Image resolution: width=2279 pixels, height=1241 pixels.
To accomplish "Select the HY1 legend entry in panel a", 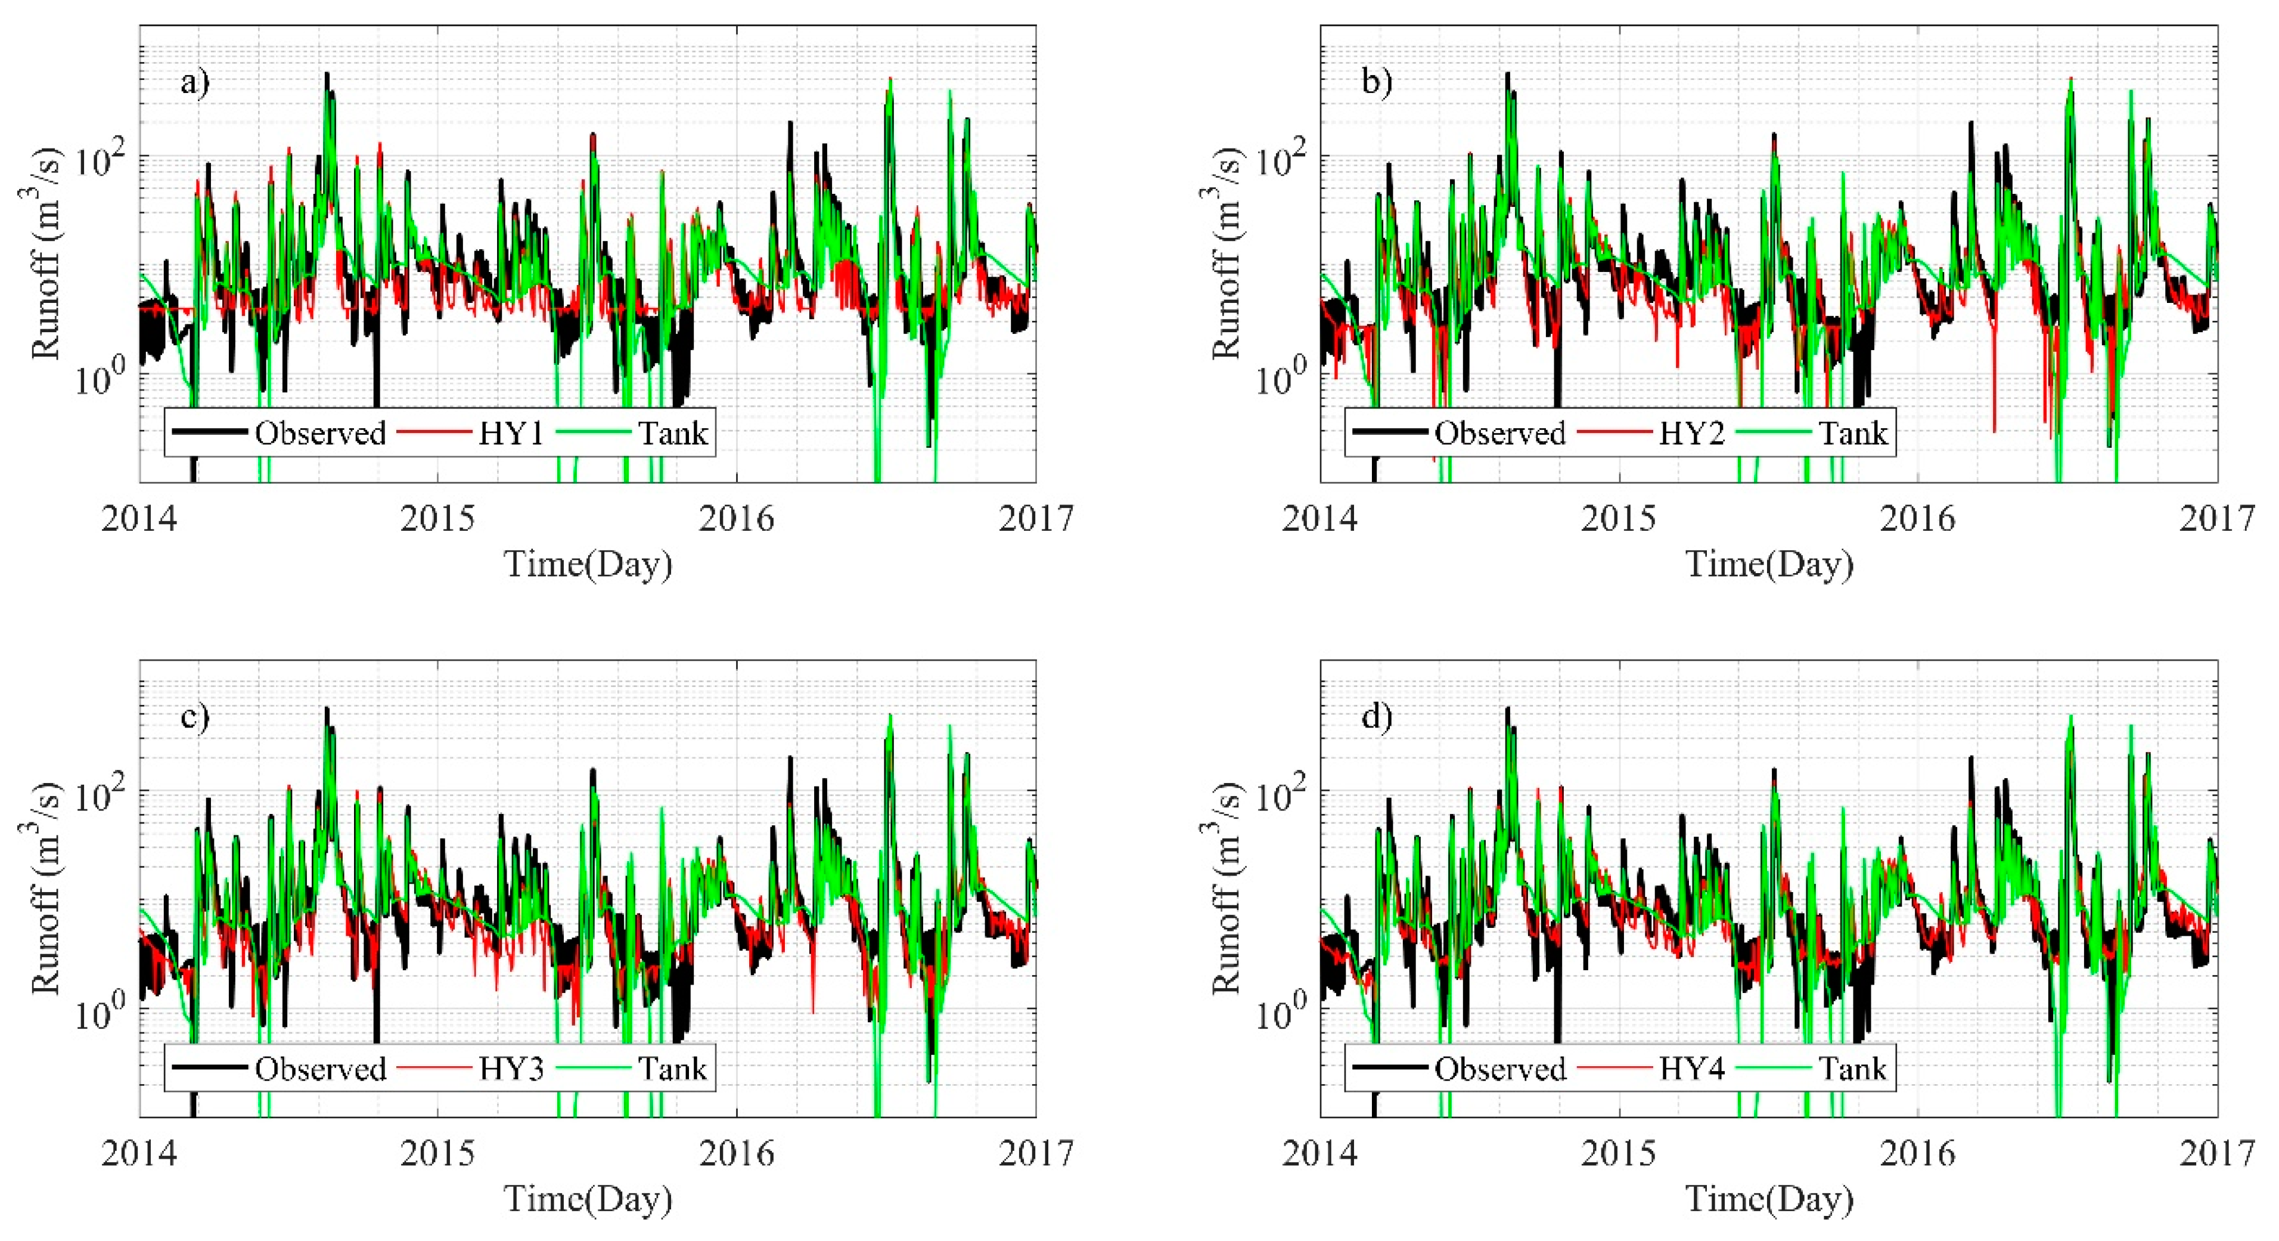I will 511,433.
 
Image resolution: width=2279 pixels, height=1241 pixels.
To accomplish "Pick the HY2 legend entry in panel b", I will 1691,433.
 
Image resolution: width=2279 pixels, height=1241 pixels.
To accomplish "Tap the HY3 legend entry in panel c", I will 511,1069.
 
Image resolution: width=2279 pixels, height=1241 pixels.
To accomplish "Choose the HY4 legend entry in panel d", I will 1691,1069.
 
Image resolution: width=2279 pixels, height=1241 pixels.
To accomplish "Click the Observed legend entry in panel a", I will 320,433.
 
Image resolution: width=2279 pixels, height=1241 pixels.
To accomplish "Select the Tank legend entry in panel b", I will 1852,433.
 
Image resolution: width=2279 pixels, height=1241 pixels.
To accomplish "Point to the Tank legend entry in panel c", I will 672,1069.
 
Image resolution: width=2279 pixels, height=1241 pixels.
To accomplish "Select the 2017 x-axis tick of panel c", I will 1036,1153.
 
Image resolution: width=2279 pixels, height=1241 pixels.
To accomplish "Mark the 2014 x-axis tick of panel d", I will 1320,1153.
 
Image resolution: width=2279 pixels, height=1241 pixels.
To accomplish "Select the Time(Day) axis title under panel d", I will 1769,1199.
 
